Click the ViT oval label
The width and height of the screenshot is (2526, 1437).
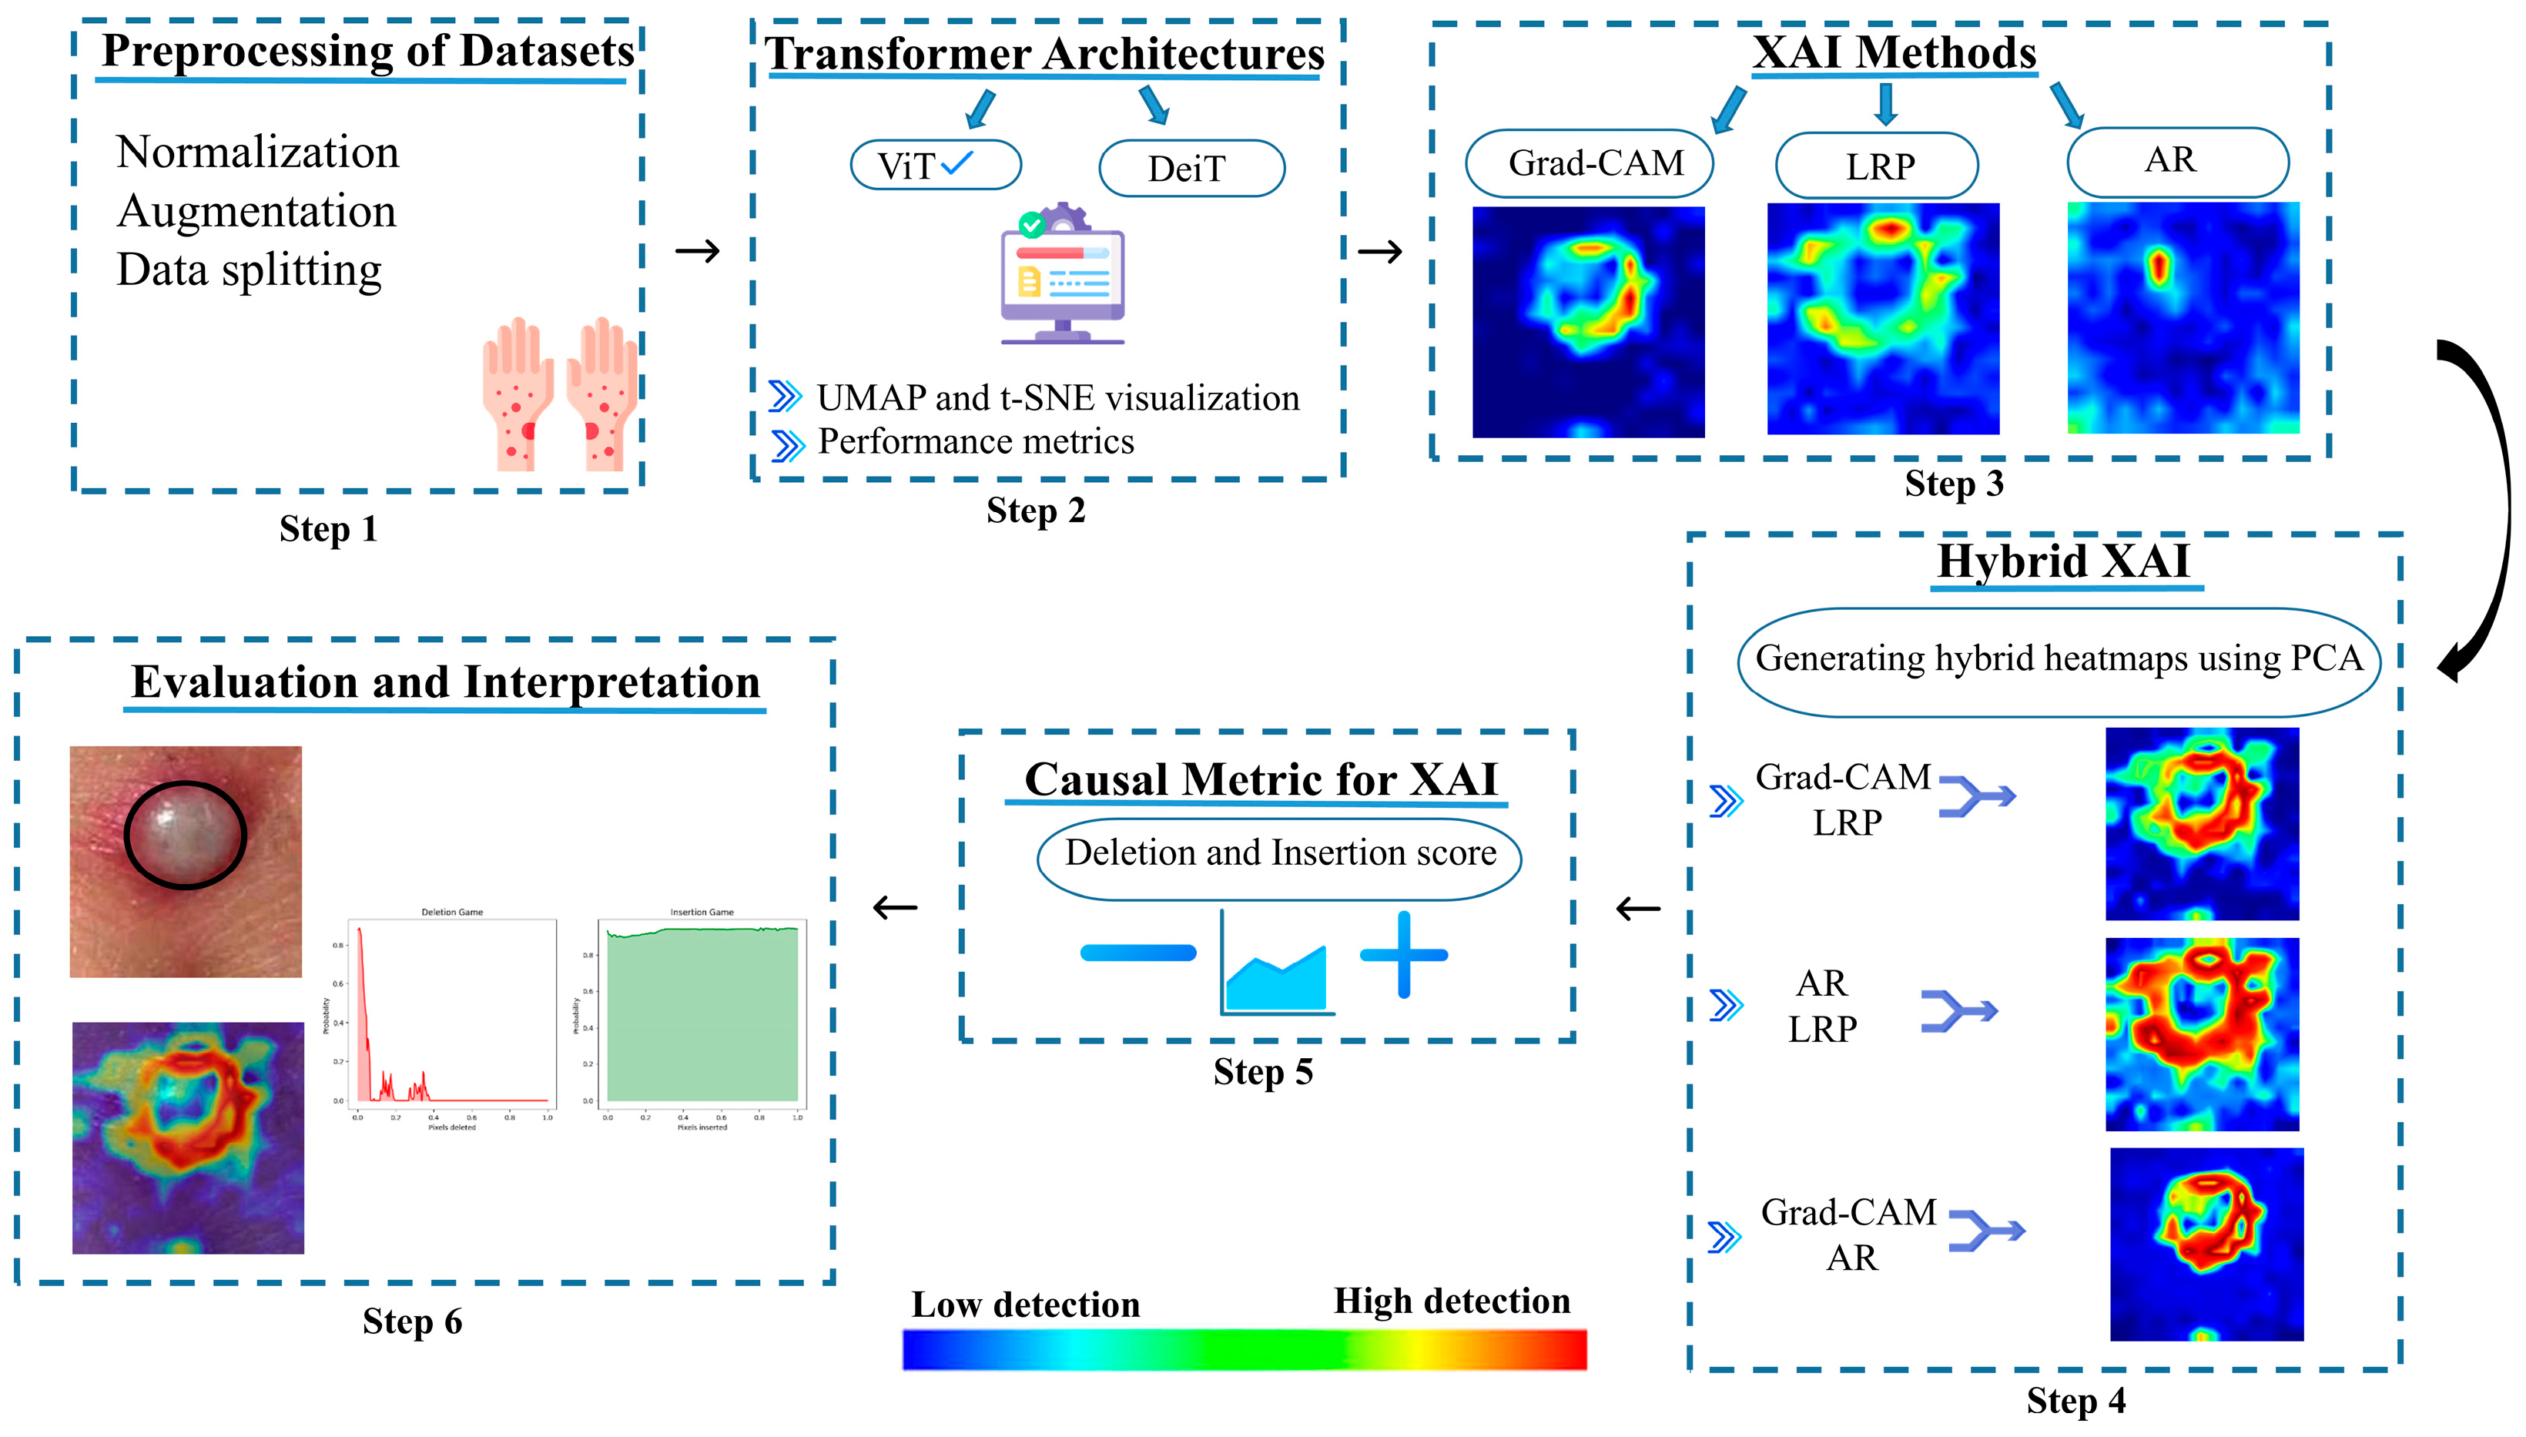coord(934,165)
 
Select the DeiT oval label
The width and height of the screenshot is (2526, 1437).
coord(1191,168)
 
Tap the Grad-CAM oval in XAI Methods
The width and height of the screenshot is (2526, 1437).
coord(1589,162)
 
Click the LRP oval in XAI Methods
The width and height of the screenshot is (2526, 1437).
coord(1877,166)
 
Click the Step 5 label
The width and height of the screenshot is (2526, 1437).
coord(1263,1072)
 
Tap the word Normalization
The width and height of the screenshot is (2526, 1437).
coord(257,152)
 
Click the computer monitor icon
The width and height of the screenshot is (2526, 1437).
coord(1063,276)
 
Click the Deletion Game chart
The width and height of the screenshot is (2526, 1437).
coord(452,1017)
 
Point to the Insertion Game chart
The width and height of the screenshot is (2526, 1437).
coord(702,1017)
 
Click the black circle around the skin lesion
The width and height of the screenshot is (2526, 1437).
coord(185,835)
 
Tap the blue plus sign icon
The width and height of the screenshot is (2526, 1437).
coord(1403,954)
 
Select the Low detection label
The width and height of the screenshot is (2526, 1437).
coord(1025,1305)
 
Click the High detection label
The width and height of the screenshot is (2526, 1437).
coord(1452,1301)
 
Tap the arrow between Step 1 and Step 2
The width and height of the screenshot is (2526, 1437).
coord(698,251)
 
